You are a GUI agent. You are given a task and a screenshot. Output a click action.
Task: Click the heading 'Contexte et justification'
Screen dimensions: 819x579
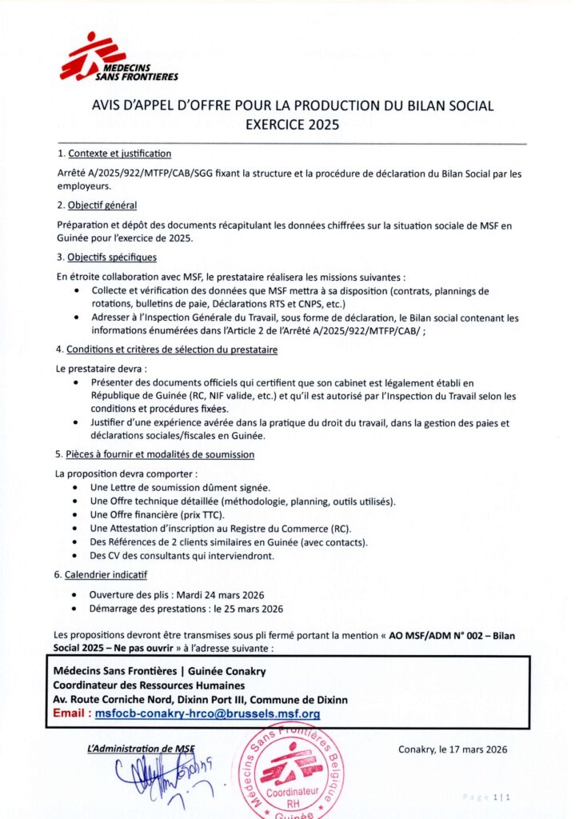pyautogui.click(x=119, y=154)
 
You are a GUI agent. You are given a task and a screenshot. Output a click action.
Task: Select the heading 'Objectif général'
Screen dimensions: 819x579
pyautogui.click(x=102, y=206)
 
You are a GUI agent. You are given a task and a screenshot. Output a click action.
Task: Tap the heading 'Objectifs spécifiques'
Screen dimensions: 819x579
pyautogui.click(x=112, y=257)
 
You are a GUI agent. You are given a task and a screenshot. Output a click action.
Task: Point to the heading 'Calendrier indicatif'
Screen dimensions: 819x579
pyautogui.click(x=107, y=574)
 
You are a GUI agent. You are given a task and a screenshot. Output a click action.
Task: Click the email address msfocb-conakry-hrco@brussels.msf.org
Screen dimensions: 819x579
pyautogui.click(x=207, y=713)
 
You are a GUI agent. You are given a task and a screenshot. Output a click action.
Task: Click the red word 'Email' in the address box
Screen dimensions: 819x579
pyautogui.click(x=70, y=713)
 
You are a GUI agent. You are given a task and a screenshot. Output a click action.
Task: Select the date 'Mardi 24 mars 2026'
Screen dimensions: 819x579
pyautogui.click(x=218, y=594)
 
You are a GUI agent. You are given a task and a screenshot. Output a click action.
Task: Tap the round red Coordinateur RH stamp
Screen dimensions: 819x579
pyautogui.click(x=292, y=770)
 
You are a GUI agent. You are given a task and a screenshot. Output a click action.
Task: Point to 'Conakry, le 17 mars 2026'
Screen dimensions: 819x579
pyautogui.click(x=453, y=749)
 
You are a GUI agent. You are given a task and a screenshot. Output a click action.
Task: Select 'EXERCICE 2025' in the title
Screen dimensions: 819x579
pyautogui.click(x=292, y=124)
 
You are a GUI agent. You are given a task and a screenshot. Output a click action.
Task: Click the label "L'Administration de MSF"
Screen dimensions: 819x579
pyautogui.click(x=141, y=749)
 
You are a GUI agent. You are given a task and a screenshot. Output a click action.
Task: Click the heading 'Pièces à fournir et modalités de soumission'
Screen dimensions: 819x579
pyautogui.click(x=161, y=454)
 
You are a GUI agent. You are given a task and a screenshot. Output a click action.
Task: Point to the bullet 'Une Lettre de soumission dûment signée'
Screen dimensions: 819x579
pyautogui.click(x=180, y=487)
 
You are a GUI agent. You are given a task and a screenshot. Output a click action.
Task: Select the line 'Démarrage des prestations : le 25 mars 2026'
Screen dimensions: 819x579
pyautogui.click(x=186, y=608)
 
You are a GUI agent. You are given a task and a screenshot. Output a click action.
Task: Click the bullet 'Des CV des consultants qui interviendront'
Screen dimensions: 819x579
pyautogui.click(x=182, y=555)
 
